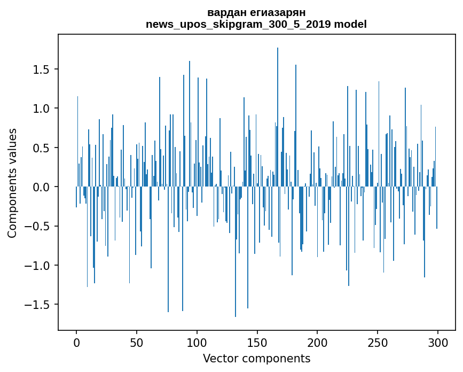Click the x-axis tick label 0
[76, 342]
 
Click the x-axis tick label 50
[137, 342]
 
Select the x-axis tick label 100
[197, 342]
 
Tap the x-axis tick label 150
[257, 342]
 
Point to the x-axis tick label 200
[318, 342]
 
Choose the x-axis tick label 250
[378, 342]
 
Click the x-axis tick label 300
[438, 342]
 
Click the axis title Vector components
[256, 358]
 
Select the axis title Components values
[12, 183]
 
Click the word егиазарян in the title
[277, 13]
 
